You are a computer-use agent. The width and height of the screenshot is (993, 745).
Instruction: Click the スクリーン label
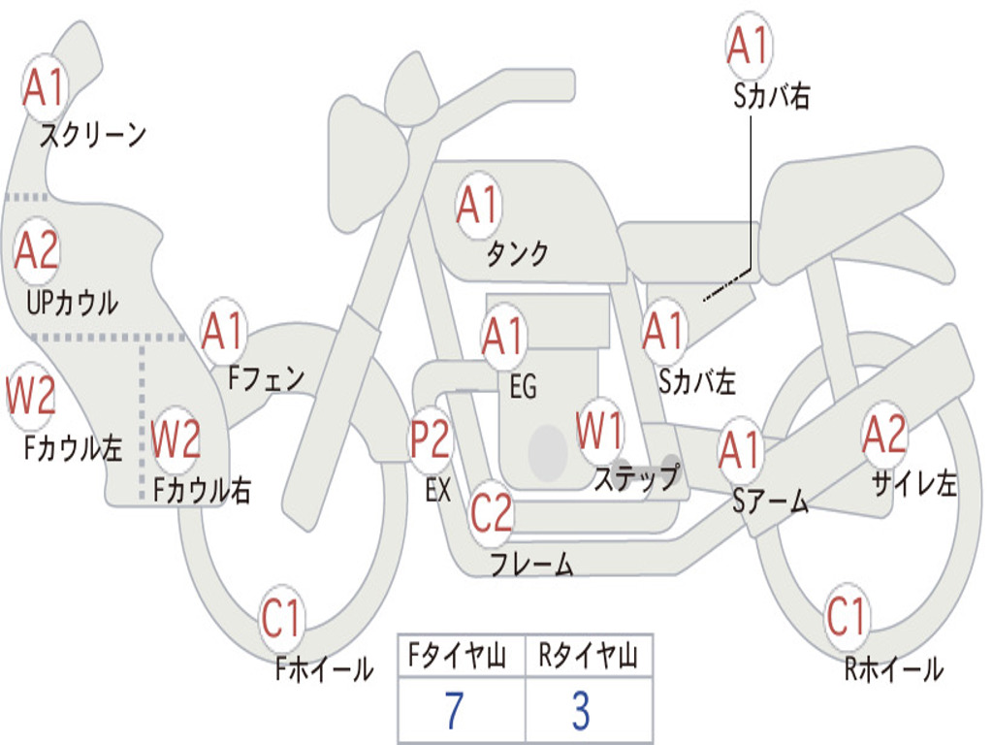(x=93, y=135)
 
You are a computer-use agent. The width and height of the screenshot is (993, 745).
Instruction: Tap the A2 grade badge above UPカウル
(x=37, y=250)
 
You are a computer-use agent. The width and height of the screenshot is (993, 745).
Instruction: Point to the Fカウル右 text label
(x=202, y=490)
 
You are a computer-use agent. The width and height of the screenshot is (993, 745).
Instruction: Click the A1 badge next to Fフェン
(x=223, y=331)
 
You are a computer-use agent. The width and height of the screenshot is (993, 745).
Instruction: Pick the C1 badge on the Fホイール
(x=280, y=618)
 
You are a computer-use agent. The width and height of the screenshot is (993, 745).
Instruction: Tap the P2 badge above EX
(x=431, y=439)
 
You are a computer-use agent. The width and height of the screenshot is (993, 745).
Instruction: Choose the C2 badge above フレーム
(x=491, y=512)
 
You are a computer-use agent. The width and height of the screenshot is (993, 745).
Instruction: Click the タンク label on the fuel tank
(x=517, y=253)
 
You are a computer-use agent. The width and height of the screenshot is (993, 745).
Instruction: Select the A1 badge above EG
(x=503, y=336)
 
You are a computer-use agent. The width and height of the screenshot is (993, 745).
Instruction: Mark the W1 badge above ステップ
(x=599, y=431)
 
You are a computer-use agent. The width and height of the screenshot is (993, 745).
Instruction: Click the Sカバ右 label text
(x=771, y=96)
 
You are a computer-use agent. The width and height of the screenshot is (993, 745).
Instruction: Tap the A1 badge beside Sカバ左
(x=664, y=331)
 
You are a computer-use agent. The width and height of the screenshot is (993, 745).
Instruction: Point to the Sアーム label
(x=771, y=502)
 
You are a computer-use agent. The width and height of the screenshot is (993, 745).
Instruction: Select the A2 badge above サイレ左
(x=884, y=435)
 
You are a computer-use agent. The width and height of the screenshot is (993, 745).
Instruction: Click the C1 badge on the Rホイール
(x=846, y=616)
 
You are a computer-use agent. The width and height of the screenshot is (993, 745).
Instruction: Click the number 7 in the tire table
(x=454, y=710)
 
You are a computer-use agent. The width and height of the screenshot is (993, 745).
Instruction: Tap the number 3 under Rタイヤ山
(x=582, y=710)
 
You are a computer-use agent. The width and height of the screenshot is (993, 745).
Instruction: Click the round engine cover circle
(x=548, y=452)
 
